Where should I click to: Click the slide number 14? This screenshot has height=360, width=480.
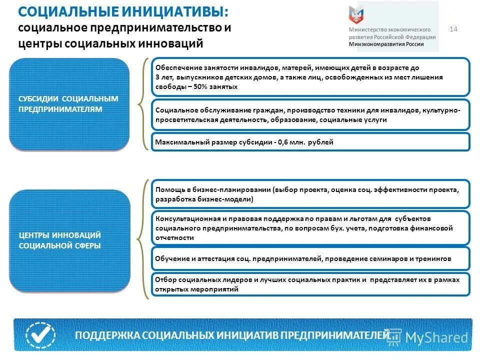[x=453, y=29]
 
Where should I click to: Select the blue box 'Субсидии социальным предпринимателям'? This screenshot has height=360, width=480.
[x=69, y=104]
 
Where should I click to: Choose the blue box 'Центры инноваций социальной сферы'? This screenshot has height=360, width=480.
[x=69, y=240]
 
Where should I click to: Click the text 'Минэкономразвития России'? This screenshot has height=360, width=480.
[x=386, y=44]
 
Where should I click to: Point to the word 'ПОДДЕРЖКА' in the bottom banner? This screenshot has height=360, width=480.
[x=107, y=335]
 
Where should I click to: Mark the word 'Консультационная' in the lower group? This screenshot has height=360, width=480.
[x=186, y=219]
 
